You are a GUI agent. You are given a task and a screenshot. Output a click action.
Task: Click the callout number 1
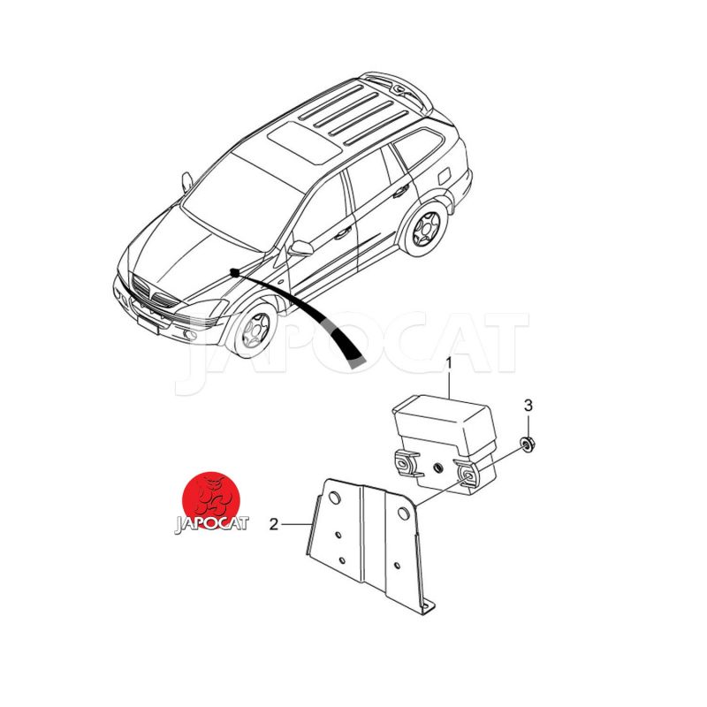coord(448,363)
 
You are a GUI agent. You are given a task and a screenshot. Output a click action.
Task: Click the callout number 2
coord(274,524)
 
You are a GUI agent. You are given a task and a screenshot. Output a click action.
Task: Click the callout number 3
coord(528,406)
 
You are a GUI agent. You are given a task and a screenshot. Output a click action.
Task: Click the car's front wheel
coord(254,329)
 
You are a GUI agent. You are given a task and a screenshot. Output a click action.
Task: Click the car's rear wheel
coord(424,229)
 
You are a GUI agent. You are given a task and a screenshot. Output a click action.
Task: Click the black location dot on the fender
coord(234,273)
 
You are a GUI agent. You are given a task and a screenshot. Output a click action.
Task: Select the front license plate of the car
coord(148,323)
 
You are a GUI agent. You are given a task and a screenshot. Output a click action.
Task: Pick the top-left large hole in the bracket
coord(334,498)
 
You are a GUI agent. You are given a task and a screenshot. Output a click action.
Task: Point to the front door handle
coord(342,233)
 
